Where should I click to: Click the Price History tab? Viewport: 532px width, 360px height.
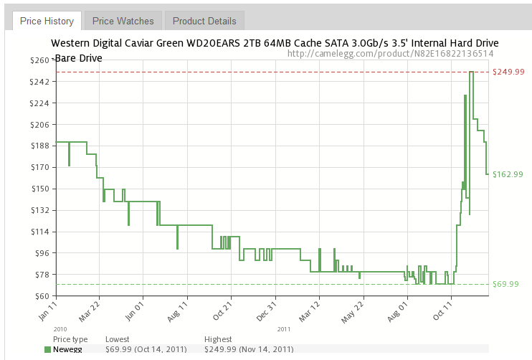tap(47, 21)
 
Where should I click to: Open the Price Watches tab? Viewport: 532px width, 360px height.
tap(123, 21)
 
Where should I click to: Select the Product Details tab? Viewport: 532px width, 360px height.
tap(204, 21)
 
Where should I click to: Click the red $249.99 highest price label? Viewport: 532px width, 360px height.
tap(509, 72)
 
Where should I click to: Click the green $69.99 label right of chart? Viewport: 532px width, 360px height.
tap(505, 285)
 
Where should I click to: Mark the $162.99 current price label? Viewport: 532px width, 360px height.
tap(508, 174)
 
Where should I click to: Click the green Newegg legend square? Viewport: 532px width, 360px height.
tap(48, 349)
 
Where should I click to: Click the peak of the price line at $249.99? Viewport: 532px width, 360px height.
tap(471, 72)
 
